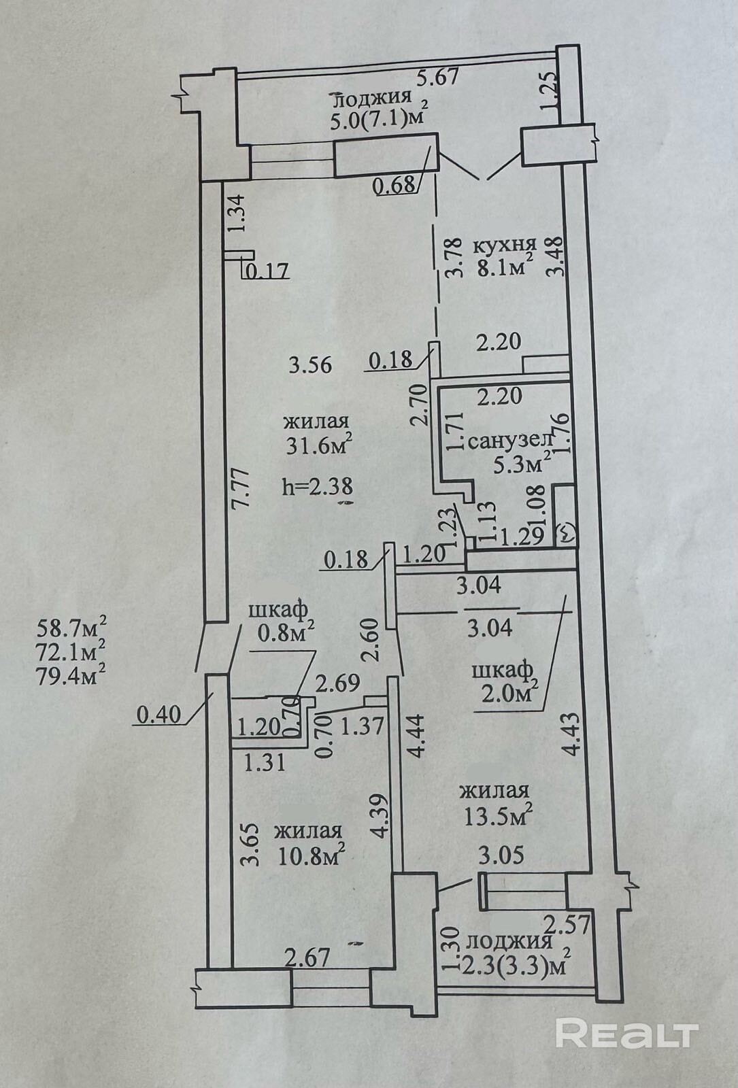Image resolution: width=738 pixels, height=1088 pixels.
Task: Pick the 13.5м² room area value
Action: click(497, 815)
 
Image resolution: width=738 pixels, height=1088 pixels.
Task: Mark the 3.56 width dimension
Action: click(309, 365)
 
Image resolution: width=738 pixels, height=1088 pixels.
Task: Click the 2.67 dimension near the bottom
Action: click(307, 959)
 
